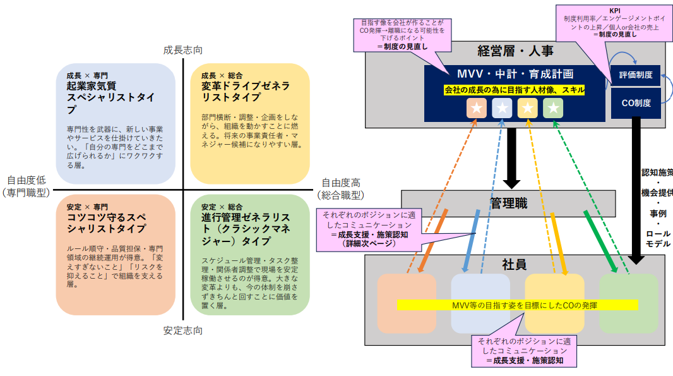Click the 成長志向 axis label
182,49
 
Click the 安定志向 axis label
182,331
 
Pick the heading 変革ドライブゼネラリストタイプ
246,91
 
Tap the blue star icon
502,109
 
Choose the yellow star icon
527,109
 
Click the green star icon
552,109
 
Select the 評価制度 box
635,75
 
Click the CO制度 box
635,103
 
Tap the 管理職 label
508,203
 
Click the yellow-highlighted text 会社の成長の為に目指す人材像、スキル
515,90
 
